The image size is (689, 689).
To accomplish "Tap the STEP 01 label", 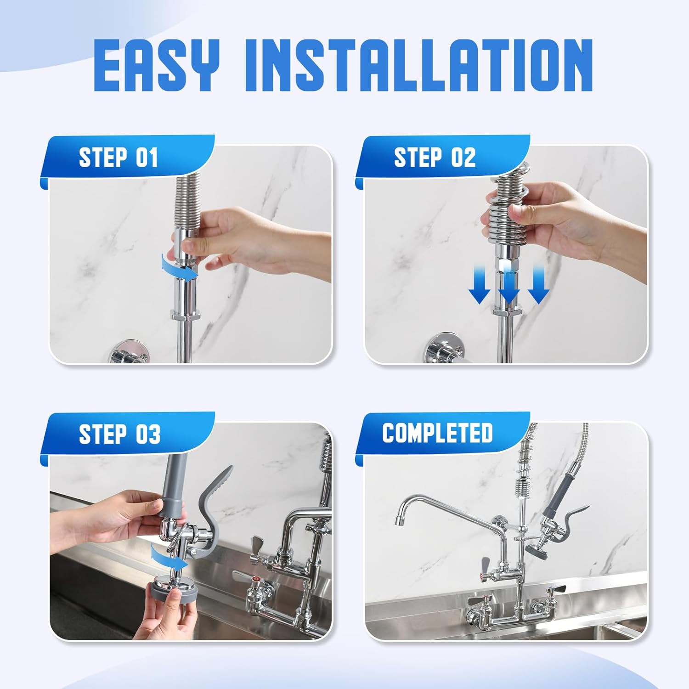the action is [119, 158].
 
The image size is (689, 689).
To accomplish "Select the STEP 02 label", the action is [435, 158].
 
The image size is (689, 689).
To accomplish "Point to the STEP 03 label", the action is [119, 434].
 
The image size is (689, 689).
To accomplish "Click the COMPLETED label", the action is [437, 433].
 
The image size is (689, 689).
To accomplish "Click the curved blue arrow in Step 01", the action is [179, 267].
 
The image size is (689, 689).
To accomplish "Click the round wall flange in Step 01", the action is [130, 353].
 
